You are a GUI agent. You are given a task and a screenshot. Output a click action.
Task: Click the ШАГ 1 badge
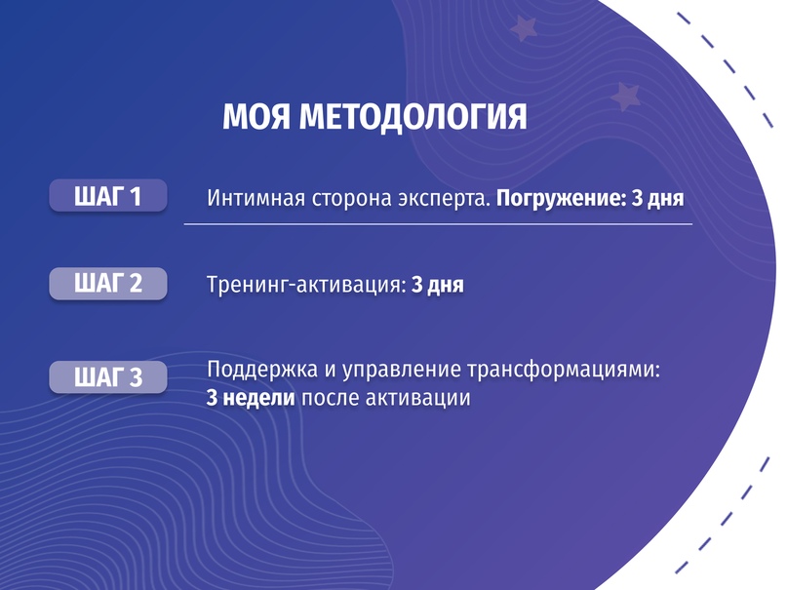(x=108, y=196)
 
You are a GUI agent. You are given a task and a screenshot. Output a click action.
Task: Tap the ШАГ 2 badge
(x=108, y=284)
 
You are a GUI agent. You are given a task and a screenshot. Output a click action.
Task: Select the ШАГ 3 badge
(x=108, y=376)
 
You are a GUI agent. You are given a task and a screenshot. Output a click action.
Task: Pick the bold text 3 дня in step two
(x=437, y=286)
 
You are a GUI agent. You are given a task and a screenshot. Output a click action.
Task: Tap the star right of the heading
(x=623, y=96)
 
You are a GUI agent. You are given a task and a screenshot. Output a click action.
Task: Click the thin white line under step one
(x=438, y=224)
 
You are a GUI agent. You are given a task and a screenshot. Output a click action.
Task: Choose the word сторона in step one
(x=348, y=199)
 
